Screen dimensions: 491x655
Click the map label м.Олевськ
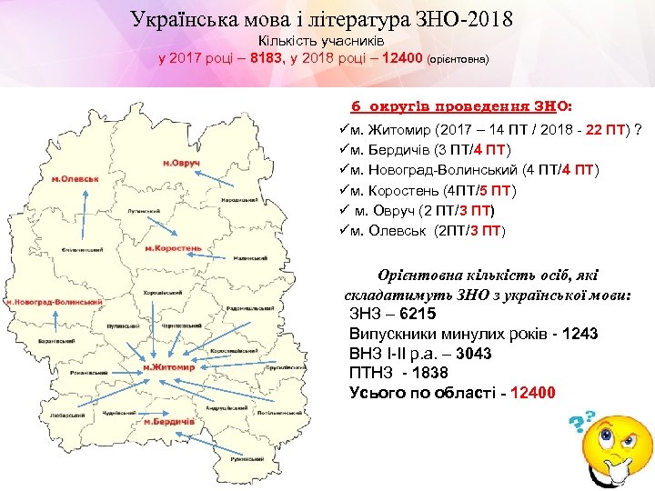(75, 178)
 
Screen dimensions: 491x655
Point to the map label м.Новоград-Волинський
(52, 301)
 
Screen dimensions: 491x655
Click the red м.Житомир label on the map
(169, 367)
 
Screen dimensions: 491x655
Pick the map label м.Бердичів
(169, 422)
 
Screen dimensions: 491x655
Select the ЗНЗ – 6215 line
(392, 314)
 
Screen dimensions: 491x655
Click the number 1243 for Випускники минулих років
(580, 334)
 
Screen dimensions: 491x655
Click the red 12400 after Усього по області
(533, 393)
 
